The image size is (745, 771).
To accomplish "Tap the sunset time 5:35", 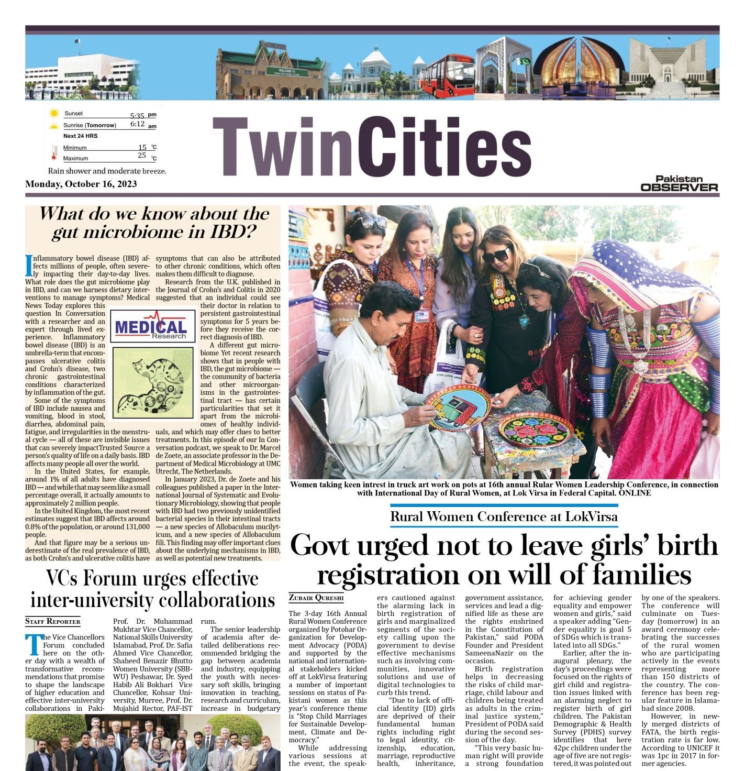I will coord(137,116).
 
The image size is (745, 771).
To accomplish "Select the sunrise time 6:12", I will coord(137,125).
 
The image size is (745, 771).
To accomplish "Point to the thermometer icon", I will coord(54,153).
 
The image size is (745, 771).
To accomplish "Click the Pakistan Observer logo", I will coord(680,184).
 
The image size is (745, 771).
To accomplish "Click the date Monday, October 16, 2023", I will coord(81,184).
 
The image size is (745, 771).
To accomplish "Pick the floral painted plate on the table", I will coord(536,429).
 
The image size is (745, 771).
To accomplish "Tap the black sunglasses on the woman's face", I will coord(496,256).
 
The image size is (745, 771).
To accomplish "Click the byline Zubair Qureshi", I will coord(316,598).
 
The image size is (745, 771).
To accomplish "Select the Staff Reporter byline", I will coord(53,622).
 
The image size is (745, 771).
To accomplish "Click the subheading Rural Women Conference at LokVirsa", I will coord(504,517).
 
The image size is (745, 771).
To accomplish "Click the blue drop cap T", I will coord(34,645).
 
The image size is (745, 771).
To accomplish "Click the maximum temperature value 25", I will coord(142,156).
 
